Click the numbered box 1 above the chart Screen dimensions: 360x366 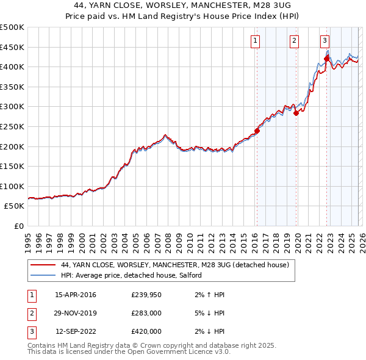click(x=254, y=41)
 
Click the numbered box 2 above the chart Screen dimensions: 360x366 click(x=294, y=41)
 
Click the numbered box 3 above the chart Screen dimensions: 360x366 click(x=325, y=41)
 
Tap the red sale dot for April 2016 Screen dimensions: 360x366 click(x=257, y=131)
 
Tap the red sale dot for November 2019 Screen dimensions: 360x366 click(x=296, y=113)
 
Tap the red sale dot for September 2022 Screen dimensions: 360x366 click(x=326, y=59)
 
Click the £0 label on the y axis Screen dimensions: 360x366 click(x=18, y=226)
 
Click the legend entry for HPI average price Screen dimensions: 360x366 click(x=135, y=275)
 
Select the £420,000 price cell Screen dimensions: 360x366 click(x=146, y=331)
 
